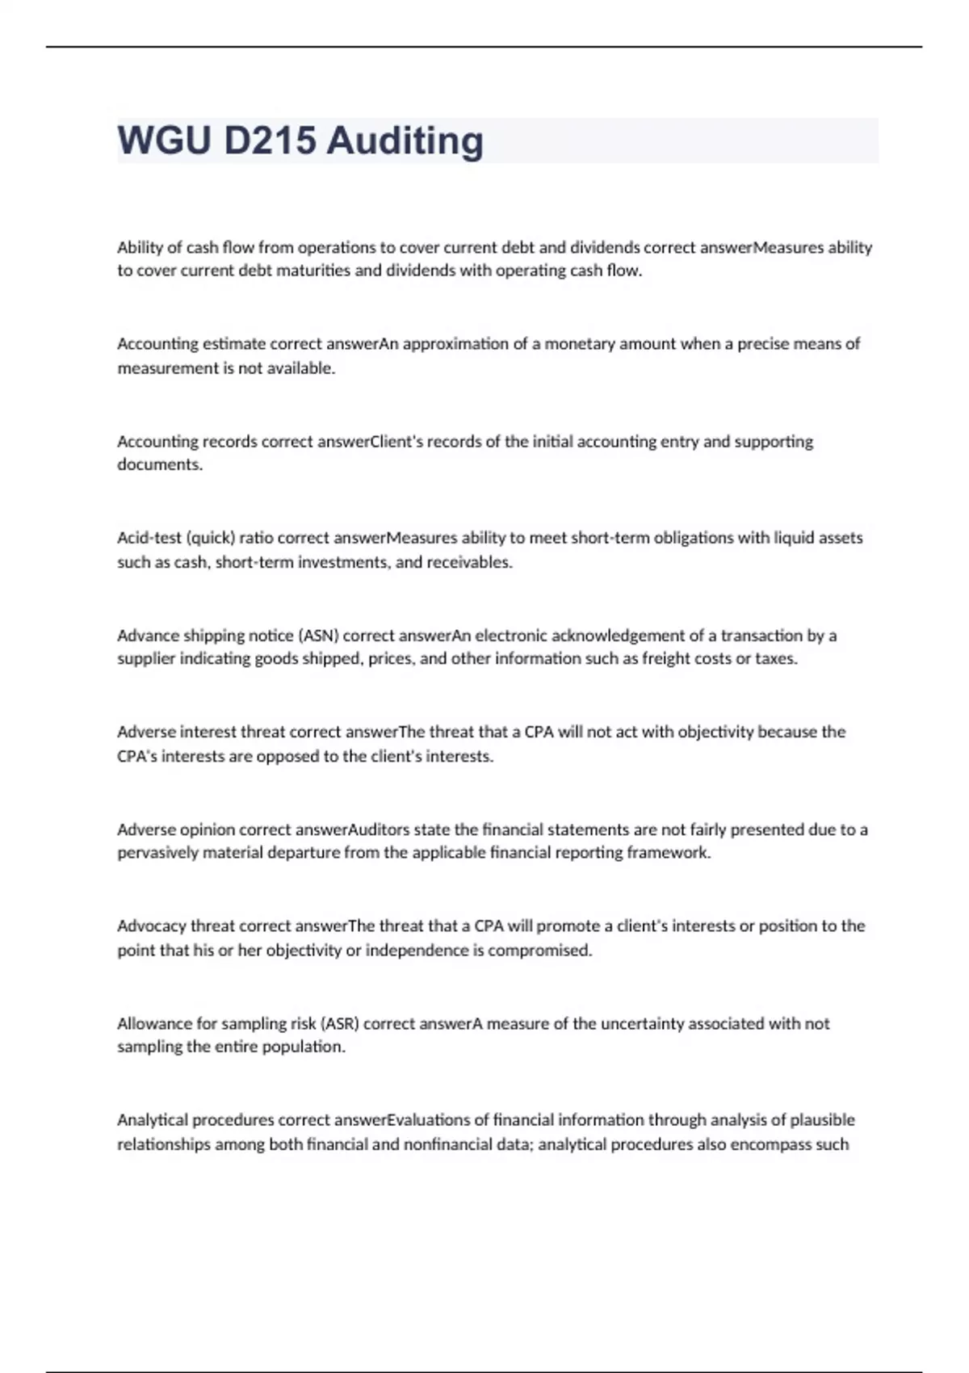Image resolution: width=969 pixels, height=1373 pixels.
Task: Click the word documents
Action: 160,464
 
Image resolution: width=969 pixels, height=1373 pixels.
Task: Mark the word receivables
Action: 472,562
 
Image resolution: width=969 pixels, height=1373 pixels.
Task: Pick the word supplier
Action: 145,659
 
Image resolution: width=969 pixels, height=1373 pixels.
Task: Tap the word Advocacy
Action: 151,926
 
